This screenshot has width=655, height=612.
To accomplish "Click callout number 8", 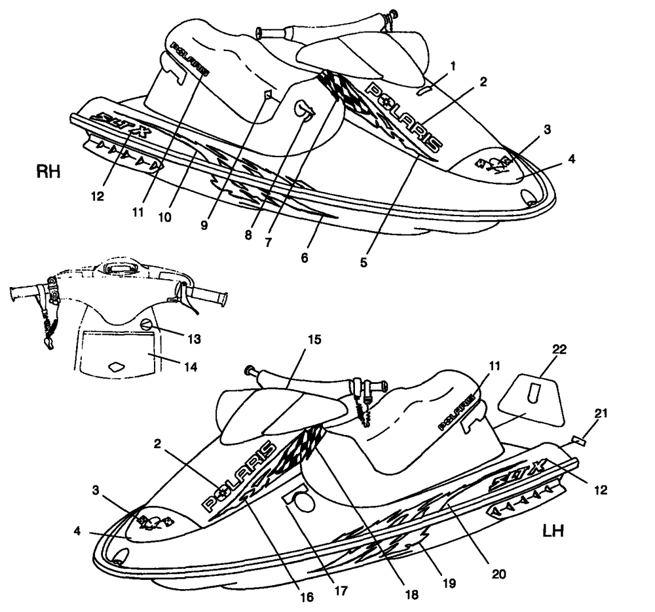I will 248,233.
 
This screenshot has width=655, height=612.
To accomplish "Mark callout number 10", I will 164,216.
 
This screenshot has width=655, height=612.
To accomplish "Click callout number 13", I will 193,339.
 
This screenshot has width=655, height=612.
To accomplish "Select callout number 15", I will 315,341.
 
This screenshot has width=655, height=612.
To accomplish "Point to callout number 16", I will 306,597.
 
